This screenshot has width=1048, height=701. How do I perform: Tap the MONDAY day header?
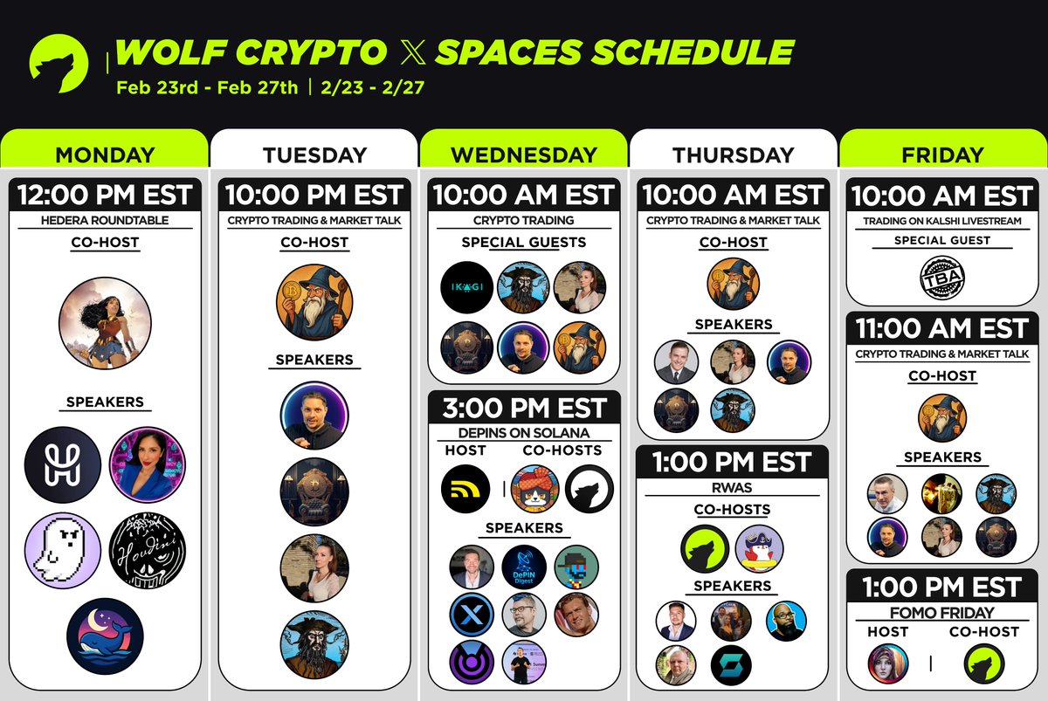pyautogui.click(x=105, y=155)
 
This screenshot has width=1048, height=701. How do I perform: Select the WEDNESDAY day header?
pyautogui.click(x=524, y=155)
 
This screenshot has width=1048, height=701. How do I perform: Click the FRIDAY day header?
pyautogui.click(x=942, y=155)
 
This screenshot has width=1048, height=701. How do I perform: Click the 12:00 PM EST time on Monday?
pyautogui.click(x=105, y=195)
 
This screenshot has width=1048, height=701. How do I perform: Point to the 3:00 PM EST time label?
pyautogui.click(x=524, y=408)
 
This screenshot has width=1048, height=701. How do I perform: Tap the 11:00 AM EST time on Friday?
pyautogui.click(x=942, y=328)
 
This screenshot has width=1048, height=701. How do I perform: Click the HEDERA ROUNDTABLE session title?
pyautogui.click(x=105, y=221)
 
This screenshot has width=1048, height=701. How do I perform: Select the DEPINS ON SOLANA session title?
pyautogui.click(x=524, y=433)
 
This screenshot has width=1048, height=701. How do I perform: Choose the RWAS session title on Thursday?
pyautogui.click(x=734, y=488)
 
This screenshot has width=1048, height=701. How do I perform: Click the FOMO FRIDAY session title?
pyautogui.click(x=942, y=612)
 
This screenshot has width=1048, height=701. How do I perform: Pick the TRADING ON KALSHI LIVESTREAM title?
pyautogui.click(x=942, y=221)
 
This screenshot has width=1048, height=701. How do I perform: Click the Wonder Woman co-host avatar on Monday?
pyautogui.click(x=105, y=323)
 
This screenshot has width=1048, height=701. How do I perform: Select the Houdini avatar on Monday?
pyautogui.click(x=148, y=550)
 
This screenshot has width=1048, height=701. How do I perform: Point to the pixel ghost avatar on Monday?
pyautogui.click(x=62, y=550)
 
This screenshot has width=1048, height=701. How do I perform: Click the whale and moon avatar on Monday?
pyautogui.click(x=105, y=636)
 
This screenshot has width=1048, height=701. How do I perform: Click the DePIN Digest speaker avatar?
pyautogui.click(x=524, y=567)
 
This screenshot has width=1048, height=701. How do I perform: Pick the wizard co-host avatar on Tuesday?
pyautogui.click(x=314, y=301)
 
